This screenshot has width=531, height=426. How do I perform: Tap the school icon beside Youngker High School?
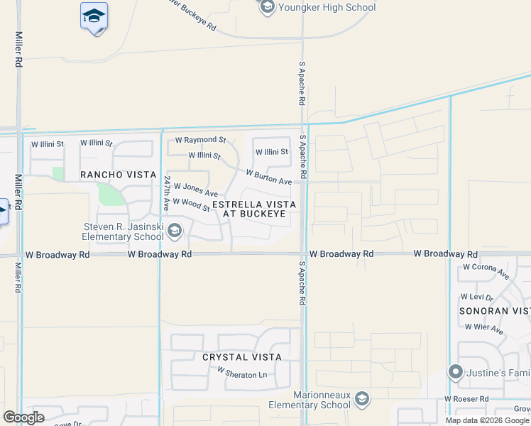[267, 8]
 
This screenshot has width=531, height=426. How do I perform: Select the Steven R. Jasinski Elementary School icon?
[175, 230]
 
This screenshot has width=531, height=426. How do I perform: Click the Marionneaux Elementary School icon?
[362, 399]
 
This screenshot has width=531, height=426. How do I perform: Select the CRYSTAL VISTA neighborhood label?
[242, 357]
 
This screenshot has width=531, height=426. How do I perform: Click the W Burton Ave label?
[269, 177]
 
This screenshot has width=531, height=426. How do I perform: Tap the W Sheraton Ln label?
[242, 373]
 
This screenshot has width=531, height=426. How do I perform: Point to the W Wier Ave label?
[484, 329]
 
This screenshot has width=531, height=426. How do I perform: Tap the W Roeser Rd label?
[469, 400]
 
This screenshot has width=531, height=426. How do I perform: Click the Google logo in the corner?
[24, 417]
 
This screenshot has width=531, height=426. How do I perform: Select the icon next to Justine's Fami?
[456, 371]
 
